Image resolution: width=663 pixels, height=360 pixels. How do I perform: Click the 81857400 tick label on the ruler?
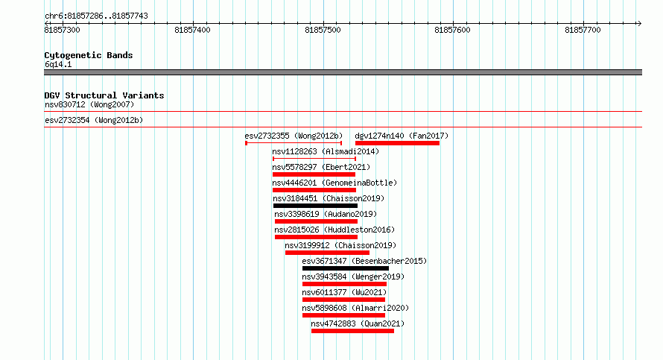[x=192, y=30]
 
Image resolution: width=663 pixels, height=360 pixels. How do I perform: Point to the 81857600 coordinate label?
[x=452, y=30]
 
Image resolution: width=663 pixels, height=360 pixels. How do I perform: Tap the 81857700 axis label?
[x=583, y=30]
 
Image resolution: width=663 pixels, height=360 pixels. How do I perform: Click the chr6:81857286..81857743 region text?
[x=96, y=16]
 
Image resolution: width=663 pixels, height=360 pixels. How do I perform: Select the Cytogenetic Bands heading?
[x=89, y=55]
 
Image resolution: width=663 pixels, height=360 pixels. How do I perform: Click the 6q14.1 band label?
[x=58, y=64]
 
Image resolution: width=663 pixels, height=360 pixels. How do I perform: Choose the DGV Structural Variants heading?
[x=104, y=95]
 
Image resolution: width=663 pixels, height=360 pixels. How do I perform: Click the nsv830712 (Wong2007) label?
[x=89, y=104]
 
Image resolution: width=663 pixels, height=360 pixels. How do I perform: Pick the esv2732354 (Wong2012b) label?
[x=95, y=120]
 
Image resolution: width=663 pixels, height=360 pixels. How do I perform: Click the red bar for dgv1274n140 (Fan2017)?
[x=398, y=143]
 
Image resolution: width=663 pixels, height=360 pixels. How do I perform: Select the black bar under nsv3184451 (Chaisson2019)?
[x=315, y=206]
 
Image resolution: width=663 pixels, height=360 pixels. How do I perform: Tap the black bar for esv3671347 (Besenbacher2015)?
[x=346, y=268]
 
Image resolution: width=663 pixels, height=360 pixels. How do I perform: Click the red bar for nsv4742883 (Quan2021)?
[x=352, y=331]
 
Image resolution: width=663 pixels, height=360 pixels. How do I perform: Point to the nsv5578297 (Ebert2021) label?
[x=321, y=167]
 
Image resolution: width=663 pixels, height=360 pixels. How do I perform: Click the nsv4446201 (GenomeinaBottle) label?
[x=335, y=183]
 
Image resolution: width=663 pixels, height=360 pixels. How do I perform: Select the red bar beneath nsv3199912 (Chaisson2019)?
[x=327, y=253]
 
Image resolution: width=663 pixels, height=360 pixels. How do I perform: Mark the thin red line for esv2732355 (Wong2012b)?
[x=294, y=143]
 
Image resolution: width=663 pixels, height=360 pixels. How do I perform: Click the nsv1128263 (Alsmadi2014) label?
[x=326, y=151]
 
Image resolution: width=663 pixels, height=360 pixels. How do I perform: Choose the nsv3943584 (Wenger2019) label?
[x=354, y=277]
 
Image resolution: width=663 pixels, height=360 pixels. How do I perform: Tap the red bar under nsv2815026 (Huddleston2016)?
[x=317, y=237]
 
